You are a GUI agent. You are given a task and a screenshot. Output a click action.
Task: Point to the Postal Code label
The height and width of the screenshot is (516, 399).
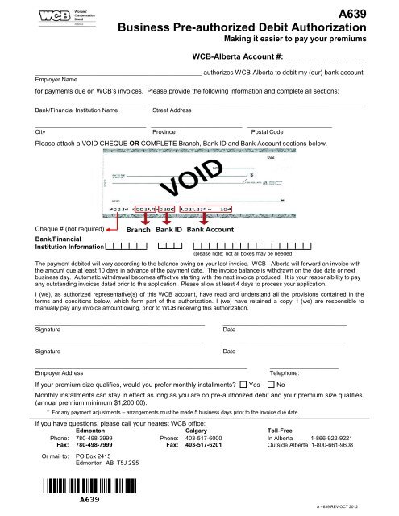pyautogui.click(x=267, y=131)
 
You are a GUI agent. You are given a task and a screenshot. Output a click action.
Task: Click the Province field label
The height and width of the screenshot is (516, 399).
pyautogui.click(x=164, y=131)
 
